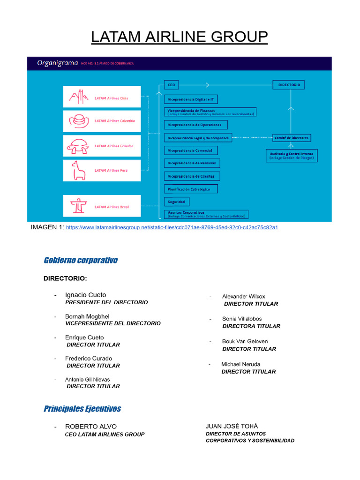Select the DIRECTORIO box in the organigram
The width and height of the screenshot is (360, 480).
[289, 85]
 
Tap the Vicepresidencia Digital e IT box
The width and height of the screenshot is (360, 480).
[191, 99]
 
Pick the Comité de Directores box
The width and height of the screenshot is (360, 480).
[292, 138]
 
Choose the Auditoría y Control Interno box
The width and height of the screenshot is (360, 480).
[291, 156]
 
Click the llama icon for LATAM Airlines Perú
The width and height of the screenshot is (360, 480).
[78, 171]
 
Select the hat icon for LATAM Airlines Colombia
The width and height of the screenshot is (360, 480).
[79, 121]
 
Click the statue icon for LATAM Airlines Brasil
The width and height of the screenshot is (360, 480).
[77, 206]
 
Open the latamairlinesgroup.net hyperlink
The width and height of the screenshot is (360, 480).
[172, 227]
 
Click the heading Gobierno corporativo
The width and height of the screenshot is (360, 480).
[81, 260]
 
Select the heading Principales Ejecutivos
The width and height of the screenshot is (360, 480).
[82, 409]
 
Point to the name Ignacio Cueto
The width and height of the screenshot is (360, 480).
[85, 295]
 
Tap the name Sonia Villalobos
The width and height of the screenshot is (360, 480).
[242, 319]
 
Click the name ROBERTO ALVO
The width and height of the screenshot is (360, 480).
[91, 427]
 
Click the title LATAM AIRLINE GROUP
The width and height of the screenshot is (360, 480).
[180, 37]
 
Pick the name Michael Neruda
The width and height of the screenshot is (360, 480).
[241, 364]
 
